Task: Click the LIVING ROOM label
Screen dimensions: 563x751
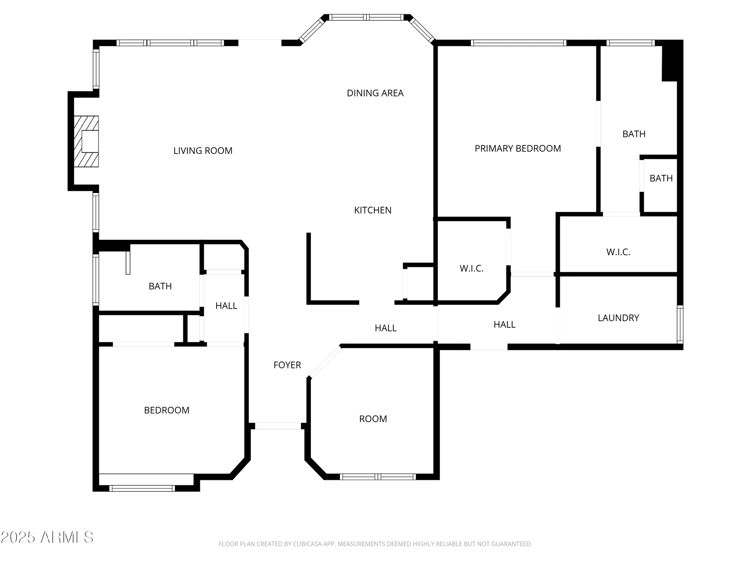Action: pos(203,151)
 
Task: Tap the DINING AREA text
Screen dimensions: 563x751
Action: pos(375,93)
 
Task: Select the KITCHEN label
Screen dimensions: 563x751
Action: pos(372,210)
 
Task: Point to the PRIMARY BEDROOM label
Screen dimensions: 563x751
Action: pos(517,149)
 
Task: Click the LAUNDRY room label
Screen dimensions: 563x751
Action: pos(618,318)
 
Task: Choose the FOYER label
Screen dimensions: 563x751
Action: pos(287,365)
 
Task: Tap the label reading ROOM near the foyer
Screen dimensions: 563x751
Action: pos(373,419)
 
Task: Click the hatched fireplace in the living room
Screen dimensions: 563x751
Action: pos(86,141)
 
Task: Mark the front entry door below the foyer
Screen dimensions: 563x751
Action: pos(278,426)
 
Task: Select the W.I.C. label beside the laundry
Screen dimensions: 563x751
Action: pos(618,252)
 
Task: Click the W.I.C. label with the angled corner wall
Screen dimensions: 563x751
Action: pos(471,268)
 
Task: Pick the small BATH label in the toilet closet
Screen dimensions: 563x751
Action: pos(661,178)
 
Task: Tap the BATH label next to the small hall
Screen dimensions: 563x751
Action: pos(160,286)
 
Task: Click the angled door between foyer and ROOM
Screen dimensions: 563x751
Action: pos(325,361)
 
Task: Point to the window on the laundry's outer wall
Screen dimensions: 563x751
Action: pos(680,324)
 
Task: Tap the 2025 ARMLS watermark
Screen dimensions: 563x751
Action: pos(47,537)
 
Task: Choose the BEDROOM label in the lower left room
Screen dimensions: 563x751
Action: pos(166,410)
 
